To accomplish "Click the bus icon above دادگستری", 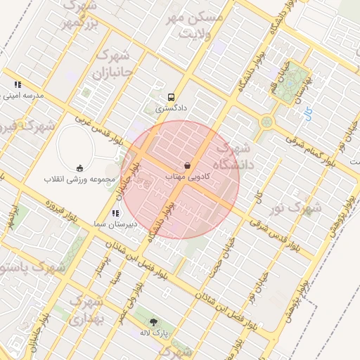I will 171,97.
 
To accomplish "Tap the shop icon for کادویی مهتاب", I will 187,165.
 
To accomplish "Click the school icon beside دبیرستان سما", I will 115,212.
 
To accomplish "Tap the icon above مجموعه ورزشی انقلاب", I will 79,167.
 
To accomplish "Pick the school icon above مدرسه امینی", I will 17,84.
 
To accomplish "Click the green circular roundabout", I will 266,122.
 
